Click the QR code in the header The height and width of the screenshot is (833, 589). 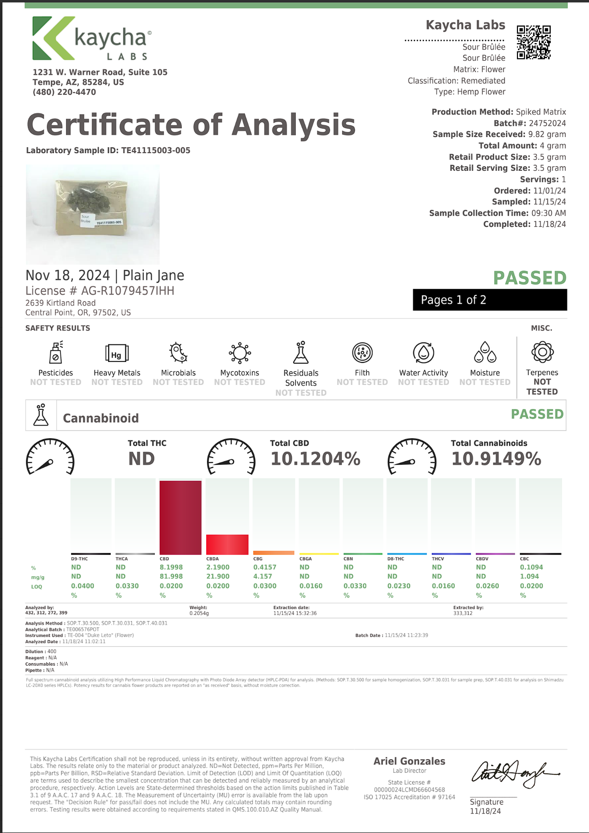[x=534, y=42]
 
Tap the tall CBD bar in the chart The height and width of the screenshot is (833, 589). [x=180, y=517]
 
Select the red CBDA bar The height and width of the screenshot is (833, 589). [x=227, y=544]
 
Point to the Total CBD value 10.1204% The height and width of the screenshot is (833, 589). [x=315, y=459]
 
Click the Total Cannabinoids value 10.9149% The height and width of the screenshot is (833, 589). [x=496, y=459]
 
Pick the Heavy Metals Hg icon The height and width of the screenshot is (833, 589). [x=117, y=353]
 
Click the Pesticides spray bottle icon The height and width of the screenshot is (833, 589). [x=56, y=352]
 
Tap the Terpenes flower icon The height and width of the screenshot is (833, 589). [x=542, y=352]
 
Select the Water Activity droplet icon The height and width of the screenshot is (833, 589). [x=424, y=352]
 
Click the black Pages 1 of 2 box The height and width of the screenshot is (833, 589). [x=490, y=300]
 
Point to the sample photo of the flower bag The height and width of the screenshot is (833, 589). [x=93, y=214]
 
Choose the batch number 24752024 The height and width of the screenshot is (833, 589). [x=547, y=123]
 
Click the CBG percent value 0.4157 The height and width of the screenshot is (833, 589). [x=264, y=567]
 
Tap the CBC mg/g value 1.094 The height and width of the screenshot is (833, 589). [x=529, y=577]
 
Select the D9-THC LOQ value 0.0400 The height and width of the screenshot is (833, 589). [x=82, y=586]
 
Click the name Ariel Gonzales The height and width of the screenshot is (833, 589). [x=409, y=761]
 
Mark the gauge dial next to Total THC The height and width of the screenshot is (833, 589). [x=50, y=457]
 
